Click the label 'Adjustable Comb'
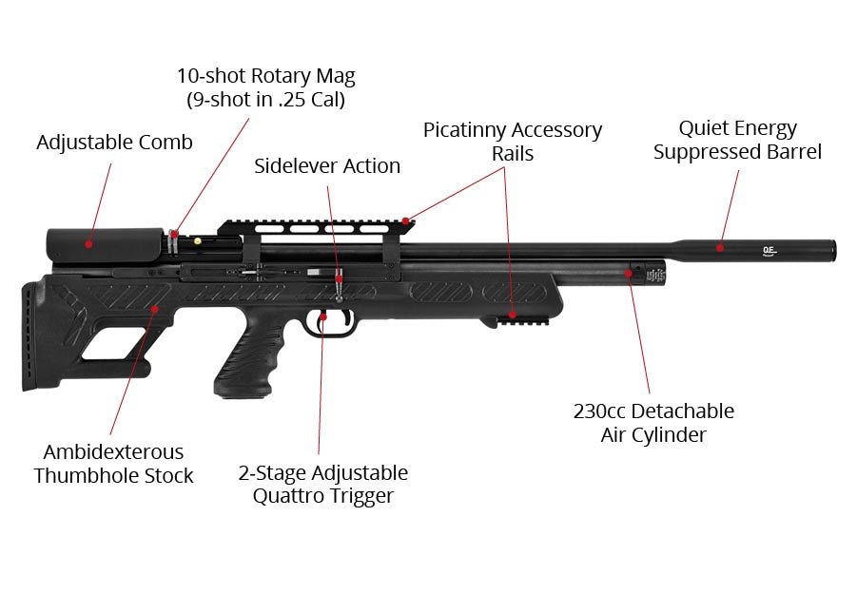114,143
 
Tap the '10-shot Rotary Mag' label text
265,76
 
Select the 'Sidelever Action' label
327,166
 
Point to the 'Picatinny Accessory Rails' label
513,141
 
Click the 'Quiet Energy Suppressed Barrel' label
737,140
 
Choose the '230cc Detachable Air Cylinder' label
653,423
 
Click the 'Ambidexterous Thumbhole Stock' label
113,464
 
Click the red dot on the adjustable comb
88,243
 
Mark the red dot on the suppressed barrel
720,248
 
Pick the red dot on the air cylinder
628,273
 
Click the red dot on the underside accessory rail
512,313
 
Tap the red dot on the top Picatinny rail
406,221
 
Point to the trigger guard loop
337,324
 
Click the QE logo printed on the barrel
769,251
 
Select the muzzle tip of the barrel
833,250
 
